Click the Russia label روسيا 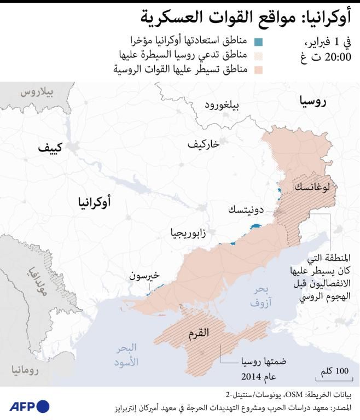tap(313, 101)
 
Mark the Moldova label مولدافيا tap(37, 279)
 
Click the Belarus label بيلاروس tap(38, 92)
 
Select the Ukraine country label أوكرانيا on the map tap(91, 203)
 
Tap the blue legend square tap(259, 42)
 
